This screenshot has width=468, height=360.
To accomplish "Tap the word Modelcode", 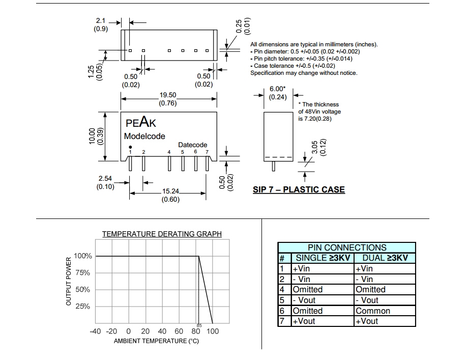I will [x=144, y=136].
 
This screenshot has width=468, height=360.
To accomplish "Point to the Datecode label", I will [x=192, y=145].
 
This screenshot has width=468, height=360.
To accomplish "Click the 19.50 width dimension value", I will [x=168, y=95].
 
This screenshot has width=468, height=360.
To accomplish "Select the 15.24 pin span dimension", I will [x=170, y=191].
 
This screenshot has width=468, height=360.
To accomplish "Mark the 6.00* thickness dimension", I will [x=278, y=89].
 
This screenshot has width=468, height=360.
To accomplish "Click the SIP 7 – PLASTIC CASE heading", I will [x=299, y=190].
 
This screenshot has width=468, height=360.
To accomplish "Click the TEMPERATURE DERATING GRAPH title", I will [x=162, y=234].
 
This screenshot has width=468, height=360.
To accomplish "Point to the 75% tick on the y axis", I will [x=82, y=273].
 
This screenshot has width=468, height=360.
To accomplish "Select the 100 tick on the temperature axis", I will [x=213, y=331].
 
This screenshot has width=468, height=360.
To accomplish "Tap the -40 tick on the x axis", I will [x=95, y=331].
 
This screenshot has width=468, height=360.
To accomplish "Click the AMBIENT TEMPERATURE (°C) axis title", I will [x=156, y=341].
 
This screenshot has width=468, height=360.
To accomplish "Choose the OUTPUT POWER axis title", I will [x=69, y=282].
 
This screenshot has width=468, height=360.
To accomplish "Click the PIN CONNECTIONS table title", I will [x=347, y=247].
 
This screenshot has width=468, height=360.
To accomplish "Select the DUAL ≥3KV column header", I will [x=385, y=258].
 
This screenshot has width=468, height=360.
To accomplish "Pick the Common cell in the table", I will [x=373, y=311].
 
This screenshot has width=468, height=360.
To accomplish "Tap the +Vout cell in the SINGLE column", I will [x=304, y=321].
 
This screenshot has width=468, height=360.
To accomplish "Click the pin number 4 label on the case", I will [x=169, y=152].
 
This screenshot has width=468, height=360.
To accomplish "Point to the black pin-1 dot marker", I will [x=130, y=147].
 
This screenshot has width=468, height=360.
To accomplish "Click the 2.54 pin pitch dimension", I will [x=105, y=179].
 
